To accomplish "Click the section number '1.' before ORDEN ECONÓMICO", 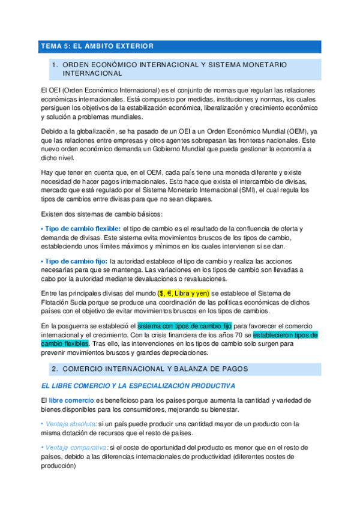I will [55, 64].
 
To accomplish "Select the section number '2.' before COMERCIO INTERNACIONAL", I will [55, 367].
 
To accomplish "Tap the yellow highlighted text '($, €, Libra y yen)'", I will [183, 293].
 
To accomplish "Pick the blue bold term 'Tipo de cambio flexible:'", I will [80, 229].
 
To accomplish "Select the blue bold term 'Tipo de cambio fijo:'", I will [74, 261].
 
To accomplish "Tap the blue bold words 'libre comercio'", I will [71, 400].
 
